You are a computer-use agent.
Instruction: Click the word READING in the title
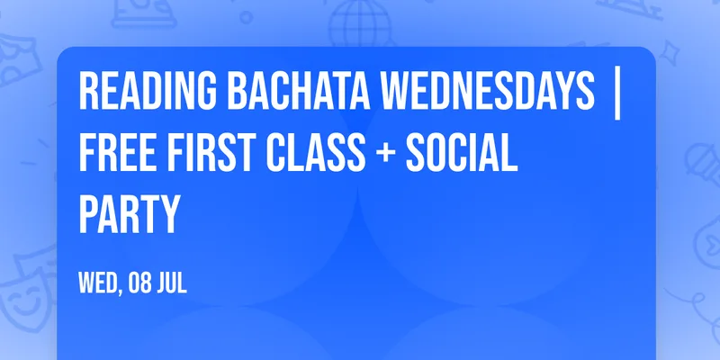(x=148, y=91)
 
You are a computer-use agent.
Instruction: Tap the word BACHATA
(x=299, y=91)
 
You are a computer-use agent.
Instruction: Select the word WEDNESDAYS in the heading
(x=488, y=91)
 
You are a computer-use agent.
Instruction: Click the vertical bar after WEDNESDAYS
(x=617, y=94)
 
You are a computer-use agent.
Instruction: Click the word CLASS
(x=317, y=152)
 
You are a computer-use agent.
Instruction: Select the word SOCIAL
(x=462, y=152)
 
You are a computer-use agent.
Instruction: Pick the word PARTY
(x=130, y=214)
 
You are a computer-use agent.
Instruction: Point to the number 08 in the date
(x=139, y=283)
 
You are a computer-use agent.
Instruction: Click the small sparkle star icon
(x=670, y=53)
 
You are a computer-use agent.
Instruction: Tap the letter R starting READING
(x=88, y=91)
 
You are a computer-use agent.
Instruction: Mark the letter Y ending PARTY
(x=168, y=214)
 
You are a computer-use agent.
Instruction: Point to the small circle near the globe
(x=246, y=17)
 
